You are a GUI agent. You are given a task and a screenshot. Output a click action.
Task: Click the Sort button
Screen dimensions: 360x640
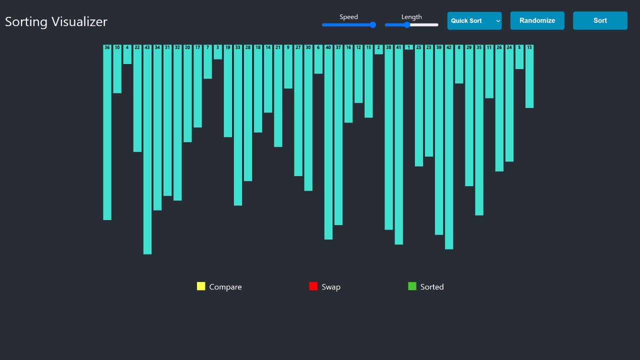[600, 20]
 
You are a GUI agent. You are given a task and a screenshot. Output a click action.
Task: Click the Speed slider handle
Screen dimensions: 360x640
[372, 25]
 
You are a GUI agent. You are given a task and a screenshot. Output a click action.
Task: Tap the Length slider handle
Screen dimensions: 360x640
[407, 25]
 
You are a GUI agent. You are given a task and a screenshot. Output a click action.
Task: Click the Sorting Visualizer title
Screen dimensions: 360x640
[56, 21]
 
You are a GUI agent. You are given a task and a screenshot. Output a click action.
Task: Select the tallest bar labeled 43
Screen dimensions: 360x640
[147, 150]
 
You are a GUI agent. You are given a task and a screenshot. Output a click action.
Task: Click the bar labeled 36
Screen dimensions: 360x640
[107, 132]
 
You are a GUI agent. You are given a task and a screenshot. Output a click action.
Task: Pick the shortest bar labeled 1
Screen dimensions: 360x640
[409, 47]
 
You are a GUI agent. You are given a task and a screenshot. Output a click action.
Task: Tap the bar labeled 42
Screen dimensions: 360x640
[449, 147]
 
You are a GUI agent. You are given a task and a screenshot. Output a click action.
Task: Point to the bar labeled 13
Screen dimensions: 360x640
[529, 76]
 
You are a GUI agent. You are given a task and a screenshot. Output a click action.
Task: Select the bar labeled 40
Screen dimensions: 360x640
[328, 142]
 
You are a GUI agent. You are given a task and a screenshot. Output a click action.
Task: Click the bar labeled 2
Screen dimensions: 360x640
[378, 49]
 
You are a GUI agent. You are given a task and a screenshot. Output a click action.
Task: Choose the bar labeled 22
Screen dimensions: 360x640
[137, 98]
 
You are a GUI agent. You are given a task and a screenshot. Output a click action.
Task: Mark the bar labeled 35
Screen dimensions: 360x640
[479, 130]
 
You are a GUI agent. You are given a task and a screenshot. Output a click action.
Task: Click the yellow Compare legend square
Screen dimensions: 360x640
[201, 286]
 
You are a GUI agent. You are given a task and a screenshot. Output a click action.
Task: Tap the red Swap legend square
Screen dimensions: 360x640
[313, 286]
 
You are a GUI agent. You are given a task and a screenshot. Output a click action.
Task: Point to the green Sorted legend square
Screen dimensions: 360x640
[412, 286]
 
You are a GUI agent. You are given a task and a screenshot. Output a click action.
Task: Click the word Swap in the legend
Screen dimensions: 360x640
[331, 287]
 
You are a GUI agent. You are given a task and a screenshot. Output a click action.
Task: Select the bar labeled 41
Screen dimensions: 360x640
[398, 145]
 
